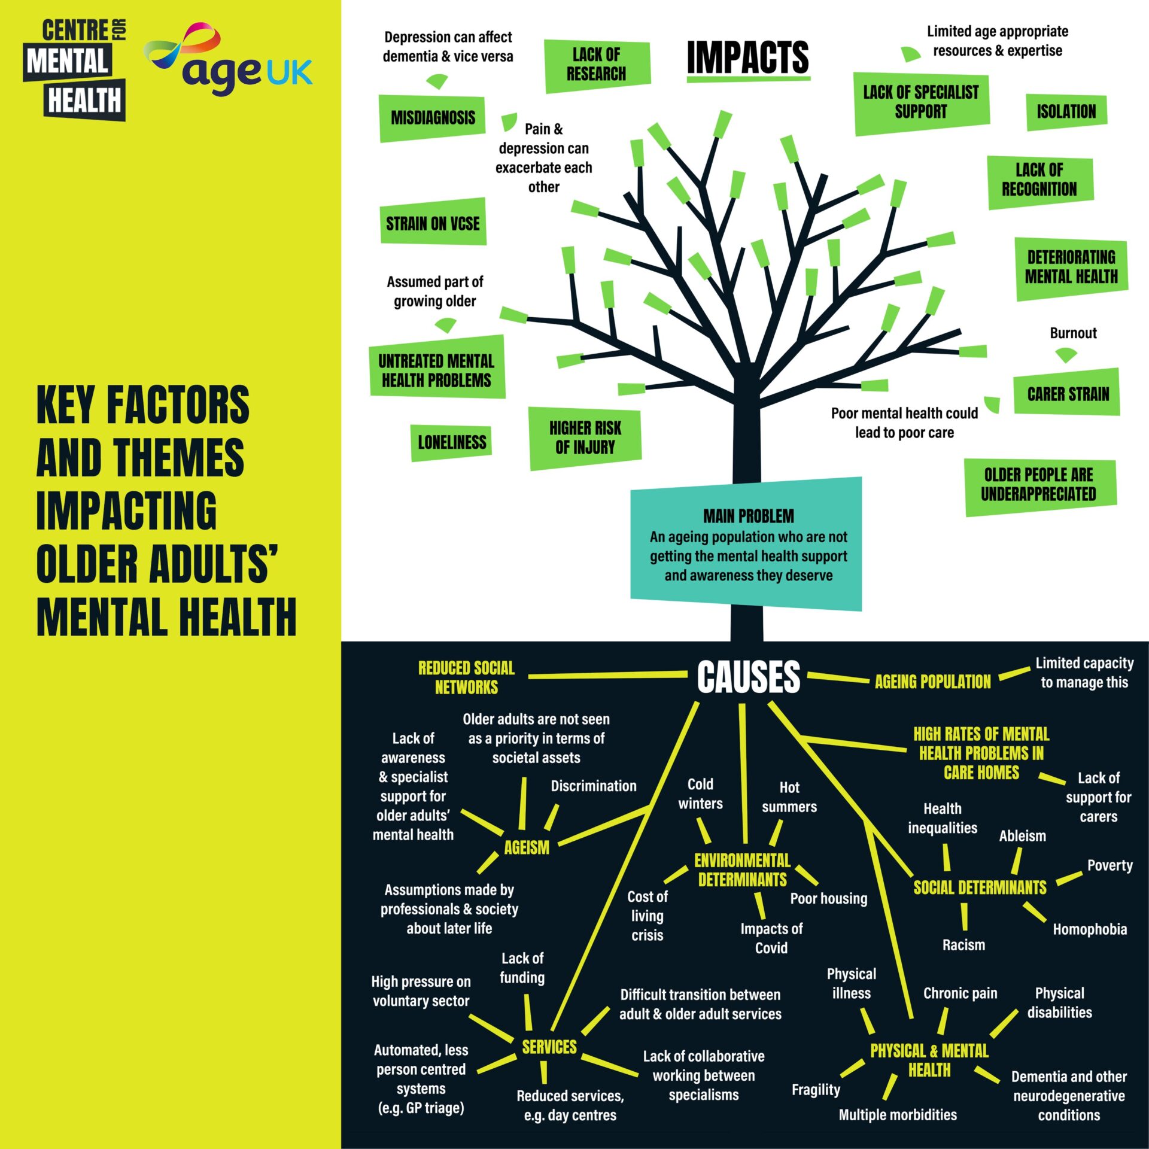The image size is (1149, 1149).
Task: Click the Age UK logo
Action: coord(230,60)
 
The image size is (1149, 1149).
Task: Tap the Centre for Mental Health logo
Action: coord(75,69)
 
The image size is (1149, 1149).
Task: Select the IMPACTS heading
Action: coord(748,58)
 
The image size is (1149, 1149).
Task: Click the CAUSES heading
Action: coord(748,677)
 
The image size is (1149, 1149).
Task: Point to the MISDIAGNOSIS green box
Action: coord(433,118)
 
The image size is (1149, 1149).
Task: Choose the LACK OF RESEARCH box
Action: coord(597,65)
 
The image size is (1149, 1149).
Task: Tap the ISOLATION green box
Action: coord(1066,112)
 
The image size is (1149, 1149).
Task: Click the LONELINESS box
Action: coord(452,443)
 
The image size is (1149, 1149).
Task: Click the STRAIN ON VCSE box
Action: coord(433,223)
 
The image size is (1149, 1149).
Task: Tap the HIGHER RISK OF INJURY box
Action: coord(585,437)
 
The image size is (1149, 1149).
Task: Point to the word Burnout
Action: coord(1073,333)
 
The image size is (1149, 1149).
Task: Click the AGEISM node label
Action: coord(527,847)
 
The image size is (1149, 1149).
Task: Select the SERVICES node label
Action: coord(549,1047)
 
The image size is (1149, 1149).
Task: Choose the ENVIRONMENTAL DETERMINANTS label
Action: coord(742,870)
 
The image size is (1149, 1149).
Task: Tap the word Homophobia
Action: coord(1090,929)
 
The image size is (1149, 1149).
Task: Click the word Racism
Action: coord(963,945)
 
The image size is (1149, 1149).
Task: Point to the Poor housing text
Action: coord(828,898)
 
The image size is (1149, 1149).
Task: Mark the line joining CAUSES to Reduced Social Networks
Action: coord(607,676)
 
